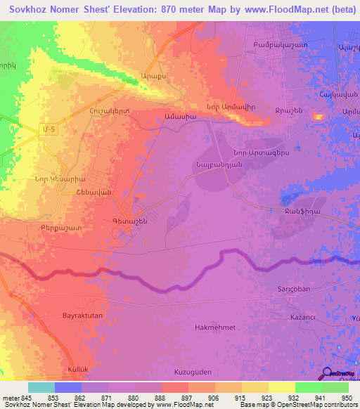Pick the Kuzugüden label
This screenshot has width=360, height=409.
tap(192, 371)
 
